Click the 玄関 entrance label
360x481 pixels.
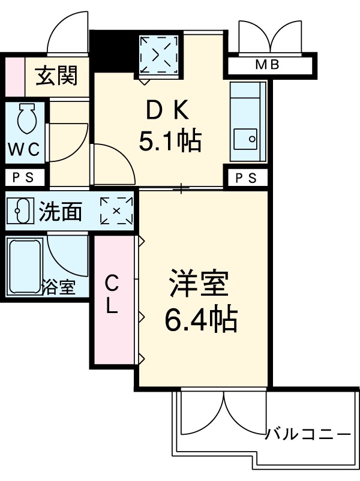(56, 76)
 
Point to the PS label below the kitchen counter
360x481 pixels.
(245, 178)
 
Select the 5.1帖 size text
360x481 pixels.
(170, 142)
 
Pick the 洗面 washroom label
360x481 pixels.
(61, 211)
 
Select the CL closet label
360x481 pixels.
(112, 294)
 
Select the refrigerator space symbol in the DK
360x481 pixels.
(160, 55)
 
